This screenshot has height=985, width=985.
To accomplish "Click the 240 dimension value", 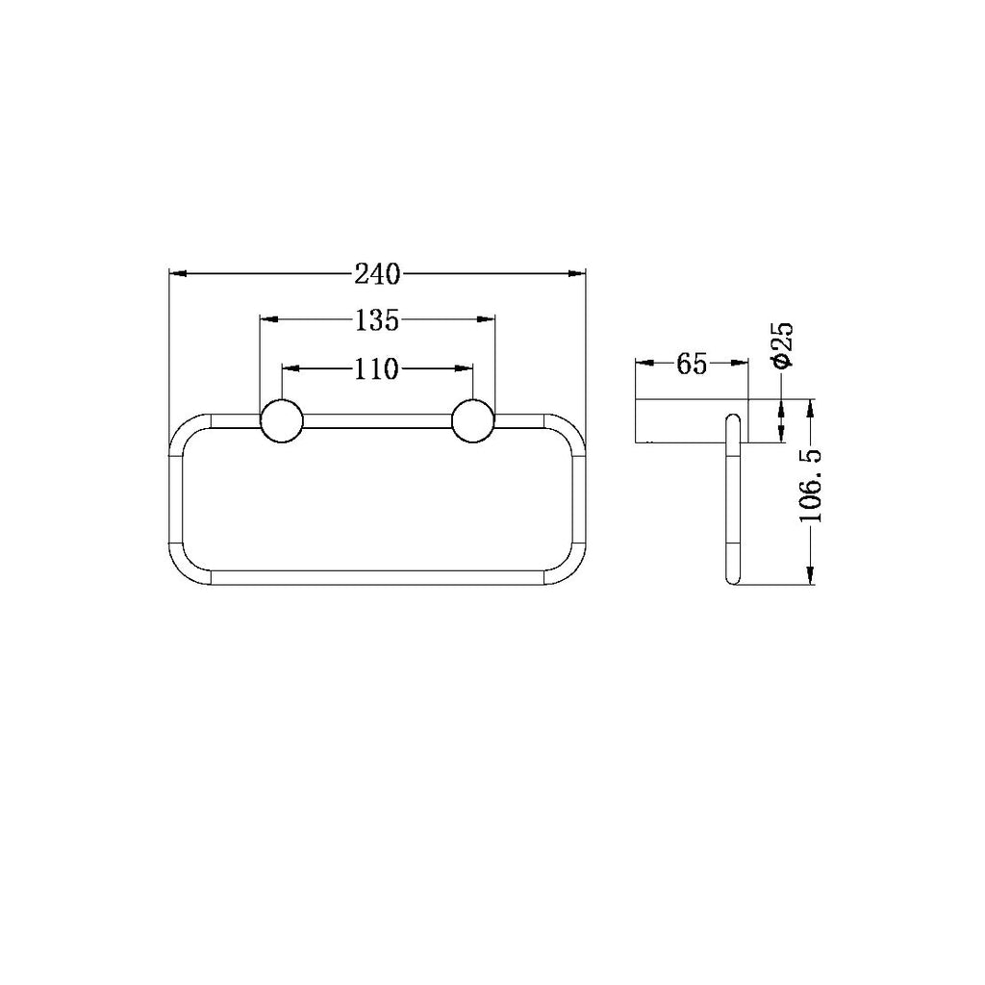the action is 377,274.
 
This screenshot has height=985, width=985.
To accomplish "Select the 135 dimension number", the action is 377,320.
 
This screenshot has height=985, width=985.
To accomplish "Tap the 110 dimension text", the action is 377,368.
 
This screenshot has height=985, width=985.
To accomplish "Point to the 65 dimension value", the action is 693,363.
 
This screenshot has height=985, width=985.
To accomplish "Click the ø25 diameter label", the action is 784,344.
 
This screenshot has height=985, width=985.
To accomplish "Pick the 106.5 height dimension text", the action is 811,486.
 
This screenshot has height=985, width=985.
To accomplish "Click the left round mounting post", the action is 282,420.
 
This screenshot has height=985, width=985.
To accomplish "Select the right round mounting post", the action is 473,420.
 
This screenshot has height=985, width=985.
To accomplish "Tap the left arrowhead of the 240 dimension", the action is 178,273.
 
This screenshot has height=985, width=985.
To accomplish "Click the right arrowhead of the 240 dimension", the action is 576,273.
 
